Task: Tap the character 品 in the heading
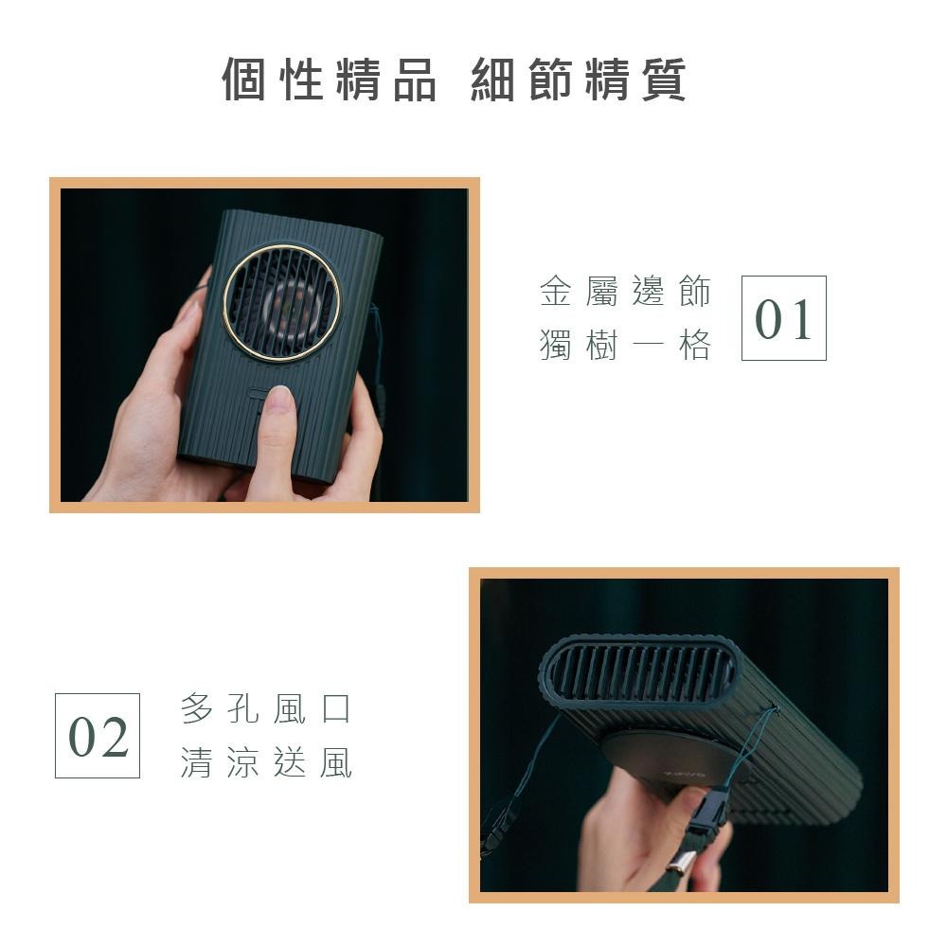[x=414, y=80]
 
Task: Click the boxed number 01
[x=783, y=318]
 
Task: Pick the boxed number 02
[x=98, y=736]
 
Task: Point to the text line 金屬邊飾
[x=625, y=293]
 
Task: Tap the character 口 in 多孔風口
[x=336, y=708]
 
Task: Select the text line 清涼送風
[x=266, y=762]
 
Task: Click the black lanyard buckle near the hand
[x=707, y=812]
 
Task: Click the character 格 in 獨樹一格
[x=694, y=347]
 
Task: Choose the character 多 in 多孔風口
[x=196, y=708]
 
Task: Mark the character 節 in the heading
[x=549, y=80]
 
